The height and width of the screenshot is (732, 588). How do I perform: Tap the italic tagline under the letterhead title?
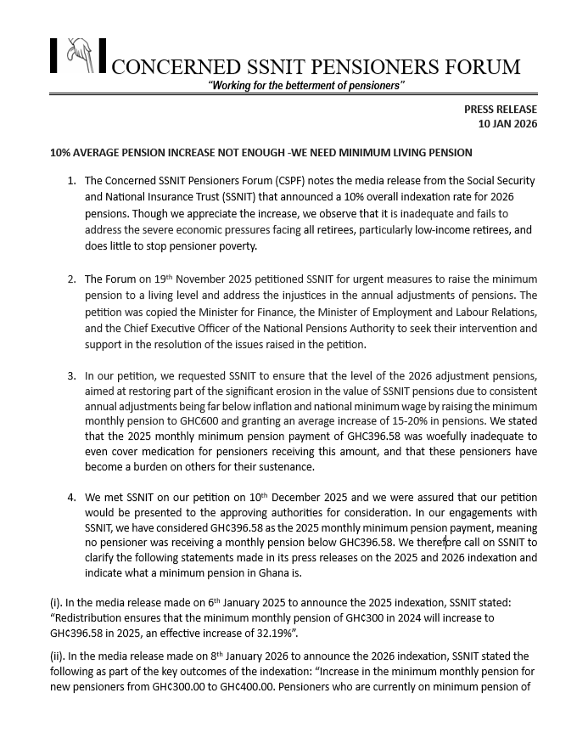click(306, 87)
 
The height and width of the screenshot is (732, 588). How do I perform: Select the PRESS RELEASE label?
click(500, 110)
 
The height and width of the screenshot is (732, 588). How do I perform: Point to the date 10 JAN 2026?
click(507, 124)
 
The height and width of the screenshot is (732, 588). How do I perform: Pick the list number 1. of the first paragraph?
click(71, 181)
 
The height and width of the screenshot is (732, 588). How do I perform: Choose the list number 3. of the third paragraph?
click(71, 375)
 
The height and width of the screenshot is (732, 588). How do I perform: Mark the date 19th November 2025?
click(188, 279)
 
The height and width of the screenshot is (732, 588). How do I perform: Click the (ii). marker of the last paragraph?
click(59, 656)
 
